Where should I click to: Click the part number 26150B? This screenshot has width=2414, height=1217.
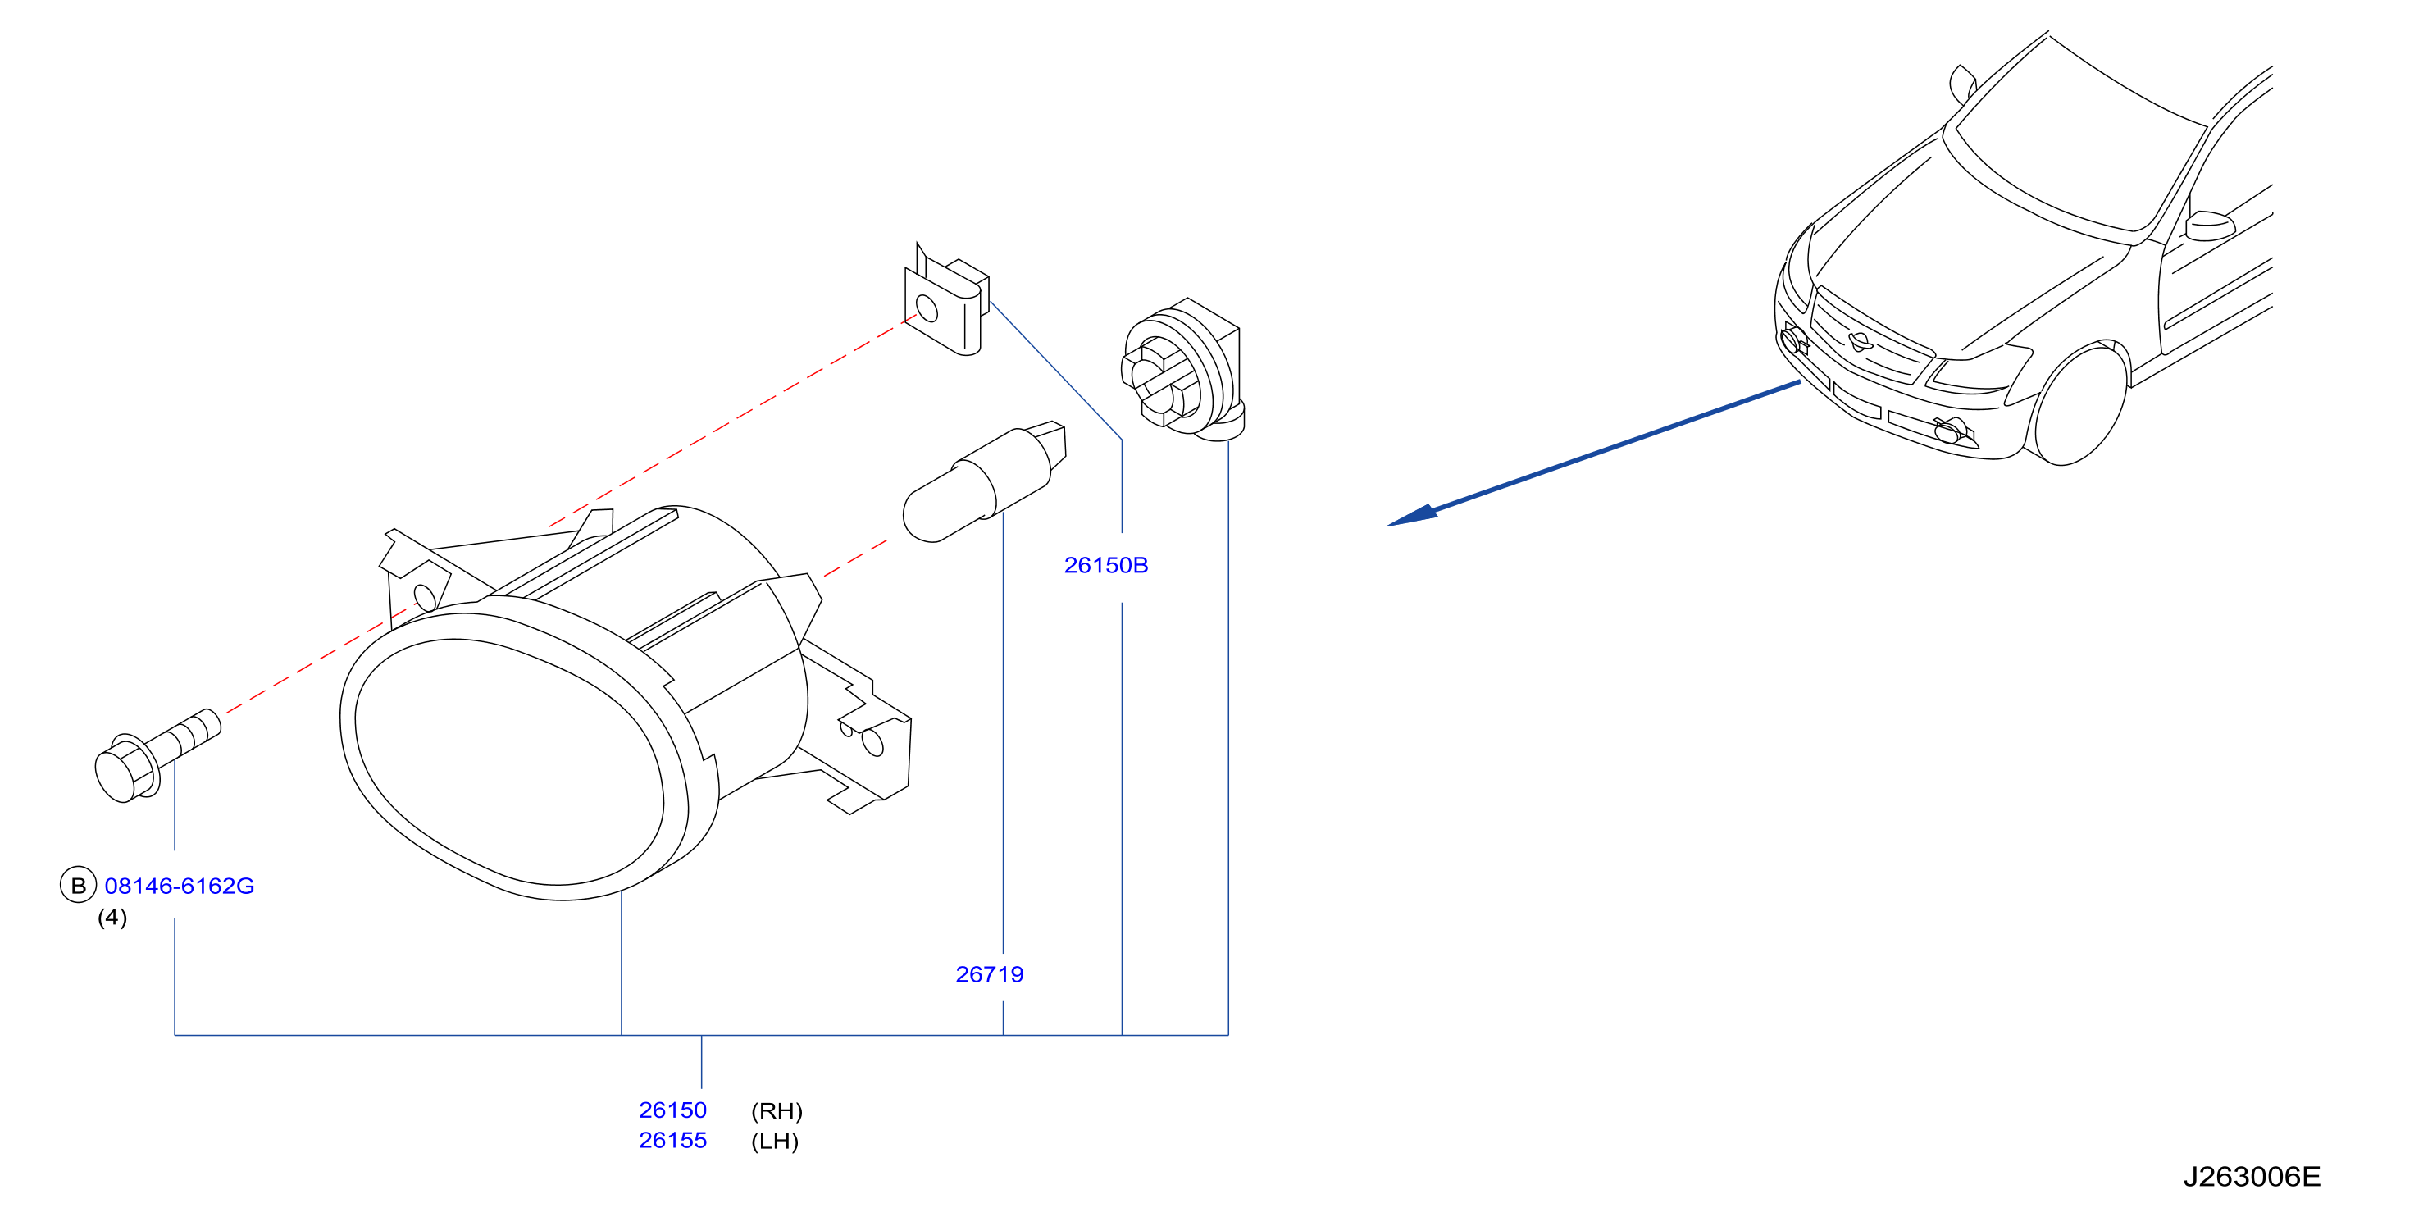[x=1106, y=565]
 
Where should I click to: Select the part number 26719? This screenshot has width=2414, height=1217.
[x=990, y=974]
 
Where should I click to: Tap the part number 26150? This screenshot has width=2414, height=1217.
[x=673, y=1110]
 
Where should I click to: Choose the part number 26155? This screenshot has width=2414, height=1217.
[x=673, y=1140]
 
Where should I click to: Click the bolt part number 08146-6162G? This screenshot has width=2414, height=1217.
[x=179, y=886]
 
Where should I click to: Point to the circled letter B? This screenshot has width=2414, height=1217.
[x=79, y=885]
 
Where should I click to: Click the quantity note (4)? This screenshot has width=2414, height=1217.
[x=112, y=917]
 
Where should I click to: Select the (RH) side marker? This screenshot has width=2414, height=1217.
[x=777, y=1111]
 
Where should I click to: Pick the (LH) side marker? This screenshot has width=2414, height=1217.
[x=775, y=1141]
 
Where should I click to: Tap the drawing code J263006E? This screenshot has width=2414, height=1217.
[x=2252, y=1177]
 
